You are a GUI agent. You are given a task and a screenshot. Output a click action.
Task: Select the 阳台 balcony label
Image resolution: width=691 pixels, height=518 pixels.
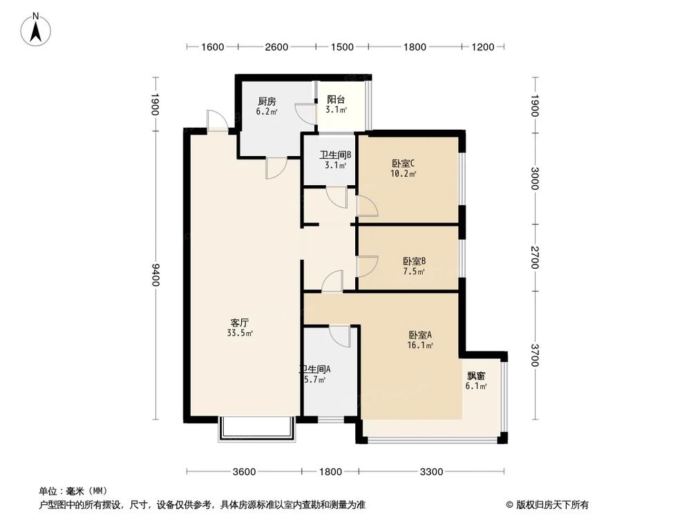(337, 99)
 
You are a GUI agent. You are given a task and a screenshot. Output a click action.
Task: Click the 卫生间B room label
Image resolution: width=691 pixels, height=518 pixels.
(335, 155)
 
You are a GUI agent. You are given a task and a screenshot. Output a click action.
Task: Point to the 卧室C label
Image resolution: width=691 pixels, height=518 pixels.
(403, 164)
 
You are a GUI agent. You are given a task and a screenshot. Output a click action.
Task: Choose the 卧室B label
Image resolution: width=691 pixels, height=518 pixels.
(414, 261)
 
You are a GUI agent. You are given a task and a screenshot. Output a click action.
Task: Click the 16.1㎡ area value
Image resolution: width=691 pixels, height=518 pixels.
(421, 346)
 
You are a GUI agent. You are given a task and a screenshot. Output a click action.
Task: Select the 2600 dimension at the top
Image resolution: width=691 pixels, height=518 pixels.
(276, 47)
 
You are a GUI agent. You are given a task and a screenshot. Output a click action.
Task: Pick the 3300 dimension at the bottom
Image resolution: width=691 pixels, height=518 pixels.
(431, 472)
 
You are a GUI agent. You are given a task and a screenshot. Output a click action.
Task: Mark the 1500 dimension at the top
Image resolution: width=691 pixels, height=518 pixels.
(342, 47)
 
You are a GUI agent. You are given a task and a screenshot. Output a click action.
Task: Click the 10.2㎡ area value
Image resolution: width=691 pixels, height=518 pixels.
(404, 174)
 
